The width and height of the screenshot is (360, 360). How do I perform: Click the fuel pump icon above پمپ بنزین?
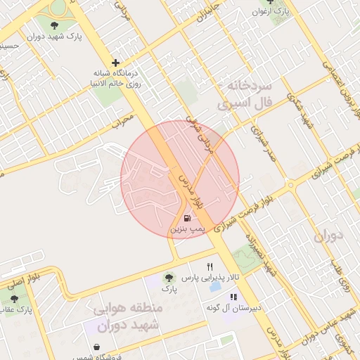(186, 218)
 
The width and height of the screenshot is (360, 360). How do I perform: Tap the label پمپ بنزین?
(186, 229)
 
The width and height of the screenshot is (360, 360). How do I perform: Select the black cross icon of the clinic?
(115, 63)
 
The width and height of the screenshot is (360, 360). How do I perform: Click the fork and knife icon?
(210, 267)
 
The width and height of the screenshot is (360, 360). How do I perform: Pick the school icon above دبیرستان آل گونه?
(233, 297)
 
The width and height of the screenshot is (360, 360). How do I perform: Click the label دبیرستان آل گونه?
(234, 308)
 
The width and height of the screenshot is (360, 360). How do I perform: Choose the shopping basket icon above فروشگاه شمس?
(96, 347)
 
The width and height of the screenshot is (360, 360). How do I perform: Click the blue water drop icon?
(214, 286)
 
